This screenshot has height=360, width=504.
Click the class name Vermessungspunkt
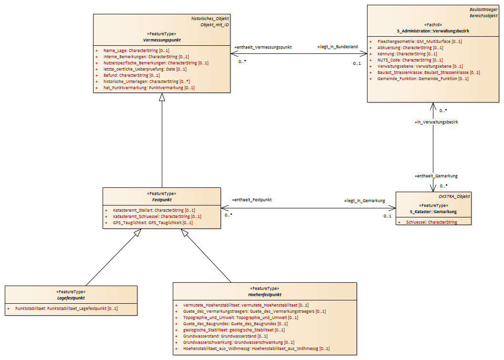point(162,40)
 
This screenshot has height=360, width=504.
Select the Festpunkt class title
point(162,200)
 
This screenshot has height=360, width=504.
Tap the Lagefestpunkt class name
point(71,298)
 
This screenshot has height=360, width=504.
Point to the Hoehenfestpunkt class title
point(264,295)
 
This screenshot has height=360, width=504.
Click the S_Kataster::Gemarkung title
point(433,212)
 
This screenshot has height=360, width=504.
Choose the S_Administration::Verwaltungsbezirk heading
point(433,31)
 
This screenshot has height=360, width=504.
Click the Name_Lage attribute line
point(136,51)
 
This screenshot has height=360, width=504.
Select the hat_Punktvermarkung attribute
point(149,88)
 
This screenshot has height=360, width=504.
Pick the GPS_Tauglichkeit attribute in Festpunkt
point(153,223)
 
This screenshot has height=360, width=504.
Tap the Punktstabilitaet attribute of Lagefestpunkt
point(66,309)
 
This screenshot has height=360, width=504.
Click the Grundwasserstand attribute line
point(225,336)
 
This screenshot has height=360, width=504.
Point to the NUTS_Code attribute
point(410,60)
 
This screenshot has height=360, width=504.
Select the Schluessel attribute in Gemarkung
point(431,222)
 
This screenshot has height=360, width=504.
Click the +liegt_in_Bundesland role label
point(337,47)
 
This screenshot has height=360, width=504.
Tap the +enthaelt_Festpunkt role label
point(252,200)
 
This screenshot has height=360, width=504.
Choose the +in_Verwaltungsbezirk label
point(436,122)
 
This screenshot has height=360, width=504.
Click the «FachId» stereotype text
point(433,25)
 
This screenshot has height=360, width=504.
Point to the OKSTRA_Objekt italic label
point(454,196)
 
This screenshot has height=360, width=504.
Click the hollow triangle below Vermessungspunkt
point(162,97)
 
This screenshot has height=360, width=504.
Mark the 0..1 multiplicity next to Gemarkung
point(388,216)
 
